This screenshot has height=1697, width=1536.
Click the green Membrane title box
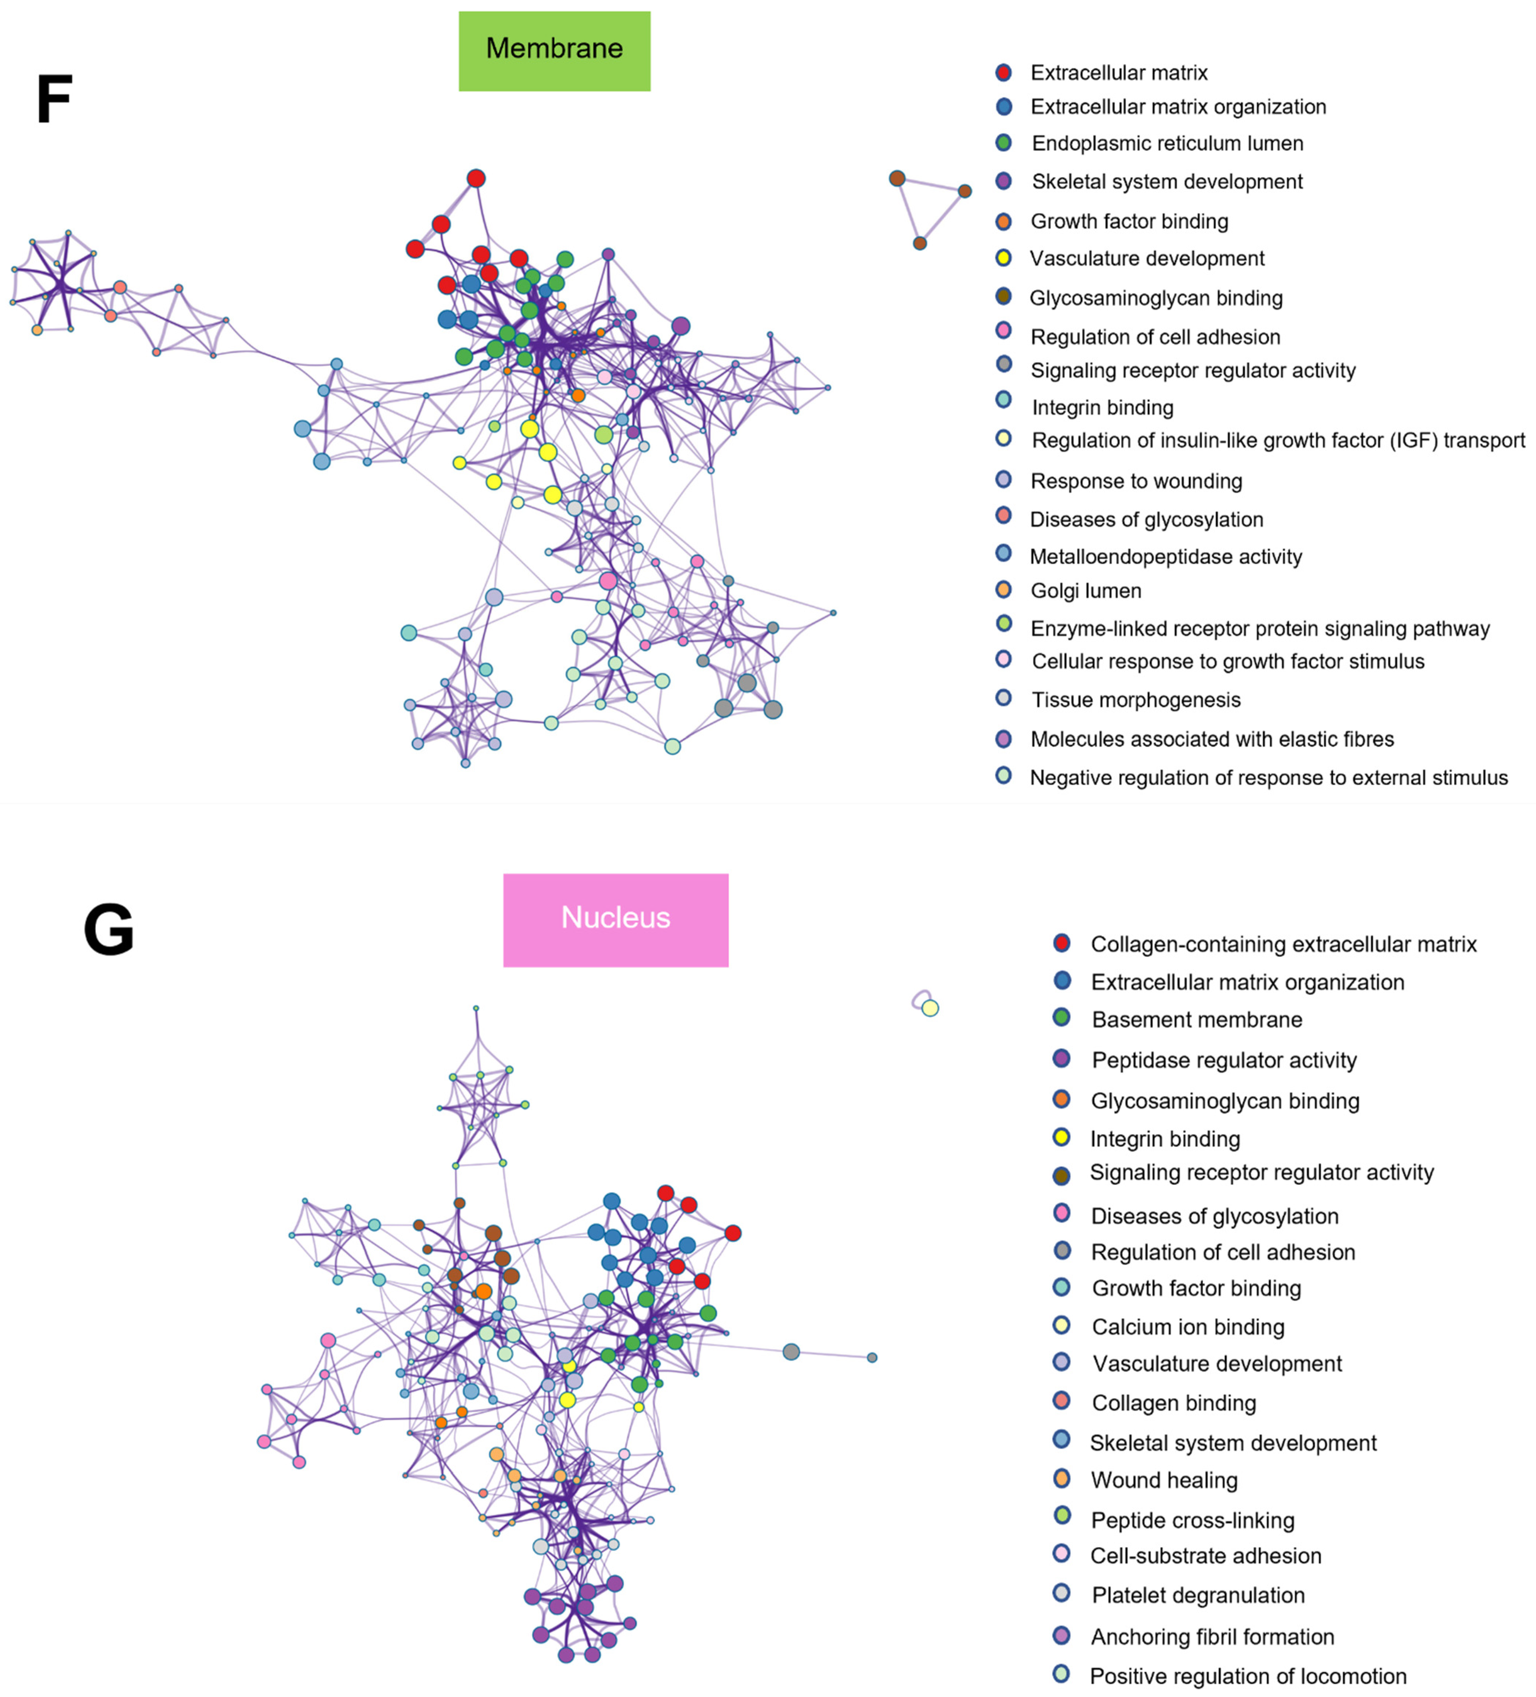pos(554,51)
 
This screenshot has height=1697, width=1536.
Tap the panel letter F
pos(54,99)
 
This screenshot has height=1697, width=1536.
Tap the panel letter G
pos(109,929)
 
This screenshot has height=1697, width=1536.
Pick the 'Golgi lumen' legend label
pos(1085,591)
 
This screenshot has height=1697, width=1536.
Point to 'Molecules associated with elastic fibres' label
pos(1212,739)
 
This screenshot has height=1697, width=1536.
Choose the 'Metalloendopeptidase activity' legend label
pos(1165,556)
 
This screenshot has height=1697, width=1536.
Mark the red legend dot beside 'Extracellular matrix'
pos(1003,72)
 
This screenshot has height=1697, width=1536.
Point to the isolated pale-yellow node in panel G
pos(930,1007)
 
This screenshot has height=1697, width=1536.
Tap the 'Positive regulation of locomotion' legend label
pos(1248,1676)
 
